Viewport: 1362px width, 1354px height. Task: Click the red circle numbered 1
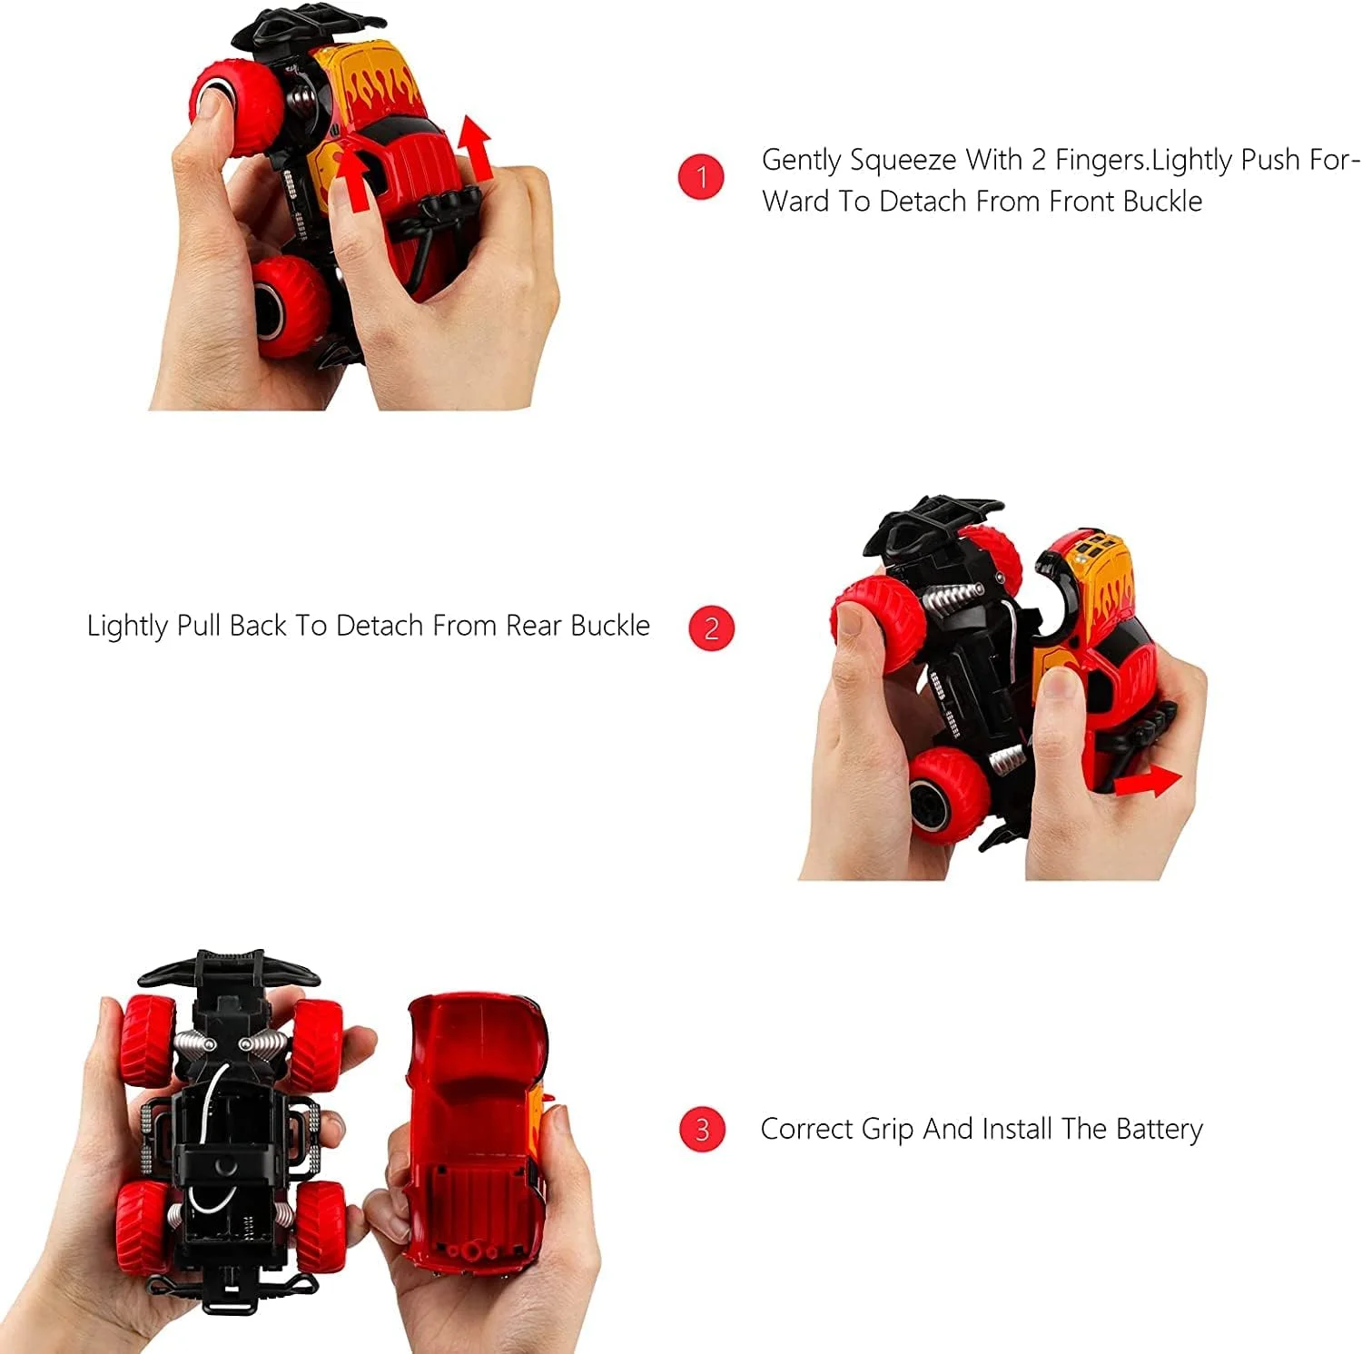tap(700, 176)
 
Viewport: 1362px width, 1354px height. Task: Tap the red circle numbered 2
tap(711, 628)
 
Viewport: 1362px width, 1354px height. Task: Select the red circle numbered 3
tap(702, 1130)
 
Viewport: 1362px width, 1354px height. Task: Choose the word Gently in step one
tap(801, 161)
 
